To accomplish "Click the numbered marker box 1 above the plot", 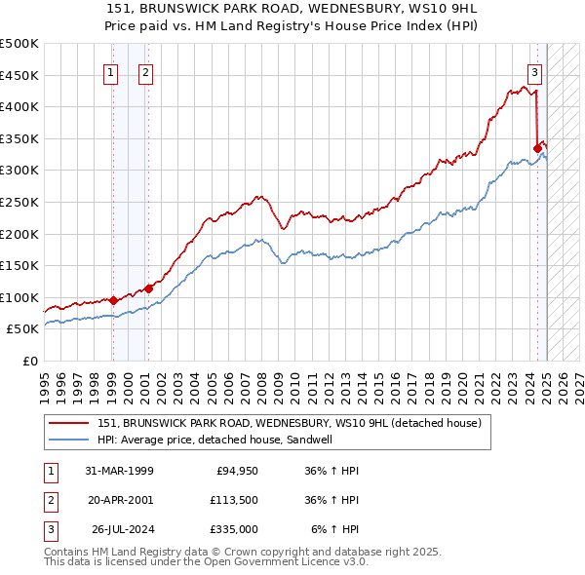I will pos(110,71).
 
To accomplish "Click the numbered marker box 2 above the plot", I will pos(145,71).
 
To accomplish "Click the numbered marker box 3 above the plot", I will pos(535,71).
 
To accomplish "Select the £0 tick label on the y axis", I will pos(31,362).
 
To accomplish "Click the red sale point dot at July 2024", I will pos(537,148).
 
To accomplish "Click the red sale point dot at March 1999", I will pos(113,300).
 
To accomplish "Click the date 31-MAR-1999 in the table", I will pos(119,471).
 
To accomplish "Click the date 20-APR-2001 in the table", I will pos(119,500).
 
